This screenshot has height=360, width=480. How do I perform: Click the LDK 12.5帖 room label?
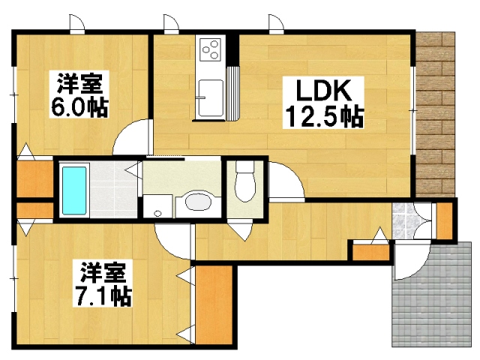pyautogui.click(x=323, y=103)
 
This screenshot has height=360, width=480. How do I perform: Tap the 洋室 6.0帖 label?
pyautogui.click(x=79, y=94)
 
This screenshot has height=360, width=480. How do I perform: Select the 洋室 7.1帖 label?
pyautogui.click(x=103, y=283)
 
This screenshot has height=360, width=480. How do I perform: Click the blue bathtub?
pyautogui.click(x=74, y=190)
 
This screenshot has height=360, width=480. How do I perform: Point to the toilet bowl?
pyautogui.click(x=245, y=181)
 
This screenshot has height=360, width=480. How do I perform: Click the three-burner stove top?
pyautogui.click(x=211, y=49)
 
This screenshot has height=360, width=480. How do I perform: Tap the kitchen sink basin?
pyautogui.click(x=211, y=98)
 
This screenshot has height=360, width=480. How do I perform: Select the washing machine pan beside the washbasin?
pyautogui.click(x=157, y=206)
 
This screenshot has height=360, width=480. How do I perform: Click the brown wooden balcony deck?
pyautogui.click(x=435, y=114)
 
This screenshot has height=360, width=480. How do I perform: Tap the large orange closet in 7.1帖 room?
pyautogui.click(x=213, y=304)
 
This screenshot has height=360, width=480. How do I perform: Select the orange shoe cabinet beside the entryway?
pyautogui.click(x=444, y=220)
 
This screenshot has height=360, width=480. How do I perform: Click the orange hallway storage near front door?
pyautogui.click(x=371, y=252)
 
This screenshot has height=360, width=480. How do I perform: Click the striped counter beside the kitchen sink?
pyautogui.click(x=233, y=93)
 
